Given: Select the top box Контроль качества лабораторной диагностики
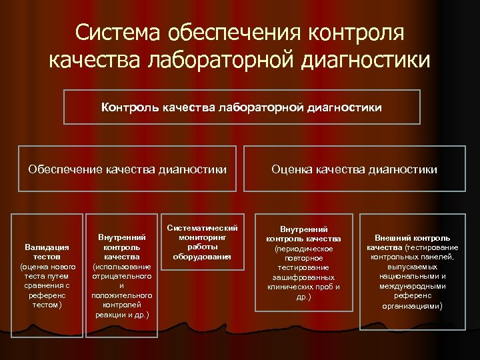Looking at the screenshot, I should [241, 107].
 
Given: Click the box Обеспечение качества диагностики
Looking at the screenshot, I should [127, 169].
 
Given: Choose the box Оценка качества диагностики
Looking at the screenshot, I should [354, 169].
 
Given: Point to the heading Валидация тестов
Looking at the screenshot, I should [47, 252].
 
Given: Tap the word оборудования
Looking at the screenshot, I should [202, 256].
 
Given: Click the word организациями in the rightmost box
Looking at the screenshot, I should [412, 306].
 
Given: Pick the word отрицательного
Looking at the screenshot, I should [121, 276].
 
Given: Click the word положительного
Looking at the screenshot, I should [121, 295].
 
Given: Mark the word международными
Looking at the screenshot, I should [412, 286].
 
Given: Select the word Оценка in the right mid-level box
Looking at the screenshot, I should [290, 169].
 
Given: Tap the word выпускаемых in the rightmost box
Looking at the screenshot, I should [412, 266].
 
